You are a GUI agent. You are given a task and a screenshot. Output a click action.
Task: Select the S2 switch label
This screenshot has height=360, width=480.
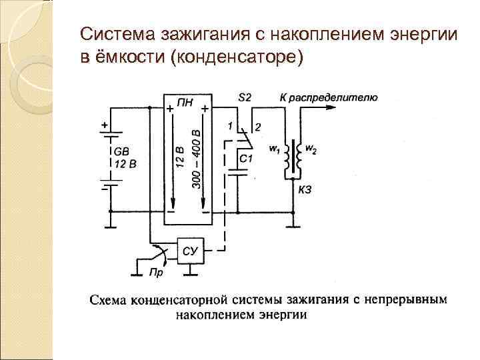coord(245,97)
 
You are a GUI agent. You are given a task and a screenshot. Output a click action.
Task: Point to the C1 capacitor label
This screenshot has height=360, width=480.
coord(246,159)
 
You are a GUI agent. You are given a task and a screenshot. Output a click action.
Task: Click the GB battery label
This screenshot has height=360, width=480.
coord(123,152)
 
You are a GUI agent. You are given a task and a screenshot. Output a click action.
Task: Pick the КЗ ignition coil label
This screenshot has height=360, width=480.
coord(305,190)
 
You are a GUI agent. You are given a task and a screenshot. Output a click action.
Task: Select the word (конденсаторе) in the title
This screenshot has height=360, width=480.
coord(237,57)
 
